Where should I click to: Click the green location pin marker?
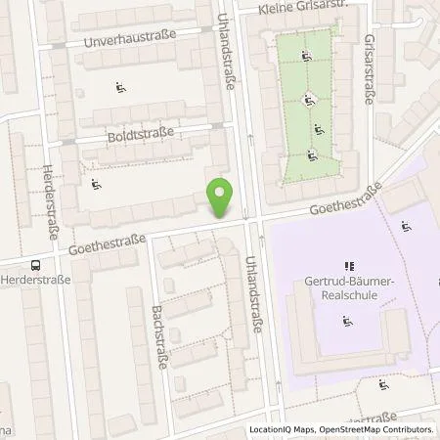coord(221,198)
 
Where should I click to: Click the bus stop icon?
coord(36,263)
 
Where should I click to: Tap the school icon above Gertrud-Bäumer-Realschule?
coord(346,265)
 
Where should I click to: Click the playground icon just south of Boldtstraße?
coord(96,184)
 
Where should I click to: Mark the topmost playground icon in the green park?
coord(307,56)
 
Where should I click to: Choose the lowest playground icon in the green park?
coord(312,154)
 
